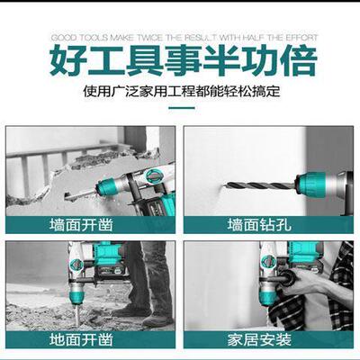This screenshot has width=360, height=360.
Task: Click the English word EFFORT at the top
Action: pyautogui.click(x=291, y=38)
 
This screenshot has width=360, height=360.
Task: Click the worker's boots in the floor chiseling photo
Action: pyautogui.click(x=144, y=315)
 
